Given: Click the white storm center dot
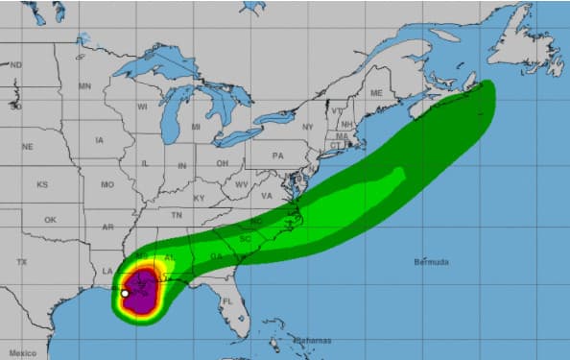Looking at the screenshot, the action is (125, 293).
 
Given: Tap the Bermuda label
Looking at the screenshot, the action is (432, 261).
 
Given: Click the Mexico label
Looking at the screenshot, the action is (23, 353).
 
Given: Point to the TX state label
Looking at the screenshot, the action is (21, 262).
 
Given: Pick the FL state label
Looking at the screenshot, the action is (227, 301).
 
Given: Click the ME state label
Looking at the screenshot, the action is (376, 93).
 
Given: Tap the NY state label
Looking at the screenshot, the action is (307, 127).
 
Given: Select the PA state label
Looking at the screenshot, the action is (278, 156).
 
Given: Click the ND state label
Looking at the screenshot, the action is (16, 65).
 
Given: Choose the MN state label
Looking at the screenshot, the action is (84, 86).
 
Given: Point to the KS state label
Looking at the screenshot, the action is (42, 184).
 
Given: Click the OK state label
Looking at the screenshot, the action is (50, 220).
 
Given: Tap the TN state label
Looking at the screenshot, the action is (176, 216).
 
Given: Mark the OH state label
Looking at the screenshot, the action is (222, 163).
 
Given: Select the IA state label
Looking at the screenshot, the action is (100, 140).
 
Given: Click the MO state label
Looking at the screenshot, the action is (107, 184).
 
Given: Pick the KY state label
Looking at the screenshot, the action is (200, 198).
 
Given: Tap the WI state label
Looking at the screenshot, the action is (142, 107).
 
